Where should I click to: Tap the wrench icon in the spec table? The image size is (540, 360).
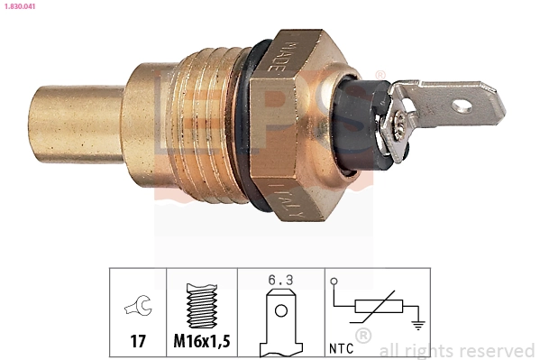click(x=138, y=308)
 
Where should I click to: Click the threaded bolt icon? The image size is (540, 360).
click(x=201, y=306)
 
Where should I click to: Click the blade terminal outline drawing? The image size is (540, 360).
click(x=280, y=321)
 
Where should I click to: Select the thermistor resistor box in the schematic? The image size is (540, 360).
click(x=376, y=306)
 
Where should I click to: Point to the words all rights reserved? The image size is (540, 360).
click(x=457, y=350)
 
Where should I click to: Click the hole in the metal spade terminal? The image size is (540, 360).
click(x=462, y=106)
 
